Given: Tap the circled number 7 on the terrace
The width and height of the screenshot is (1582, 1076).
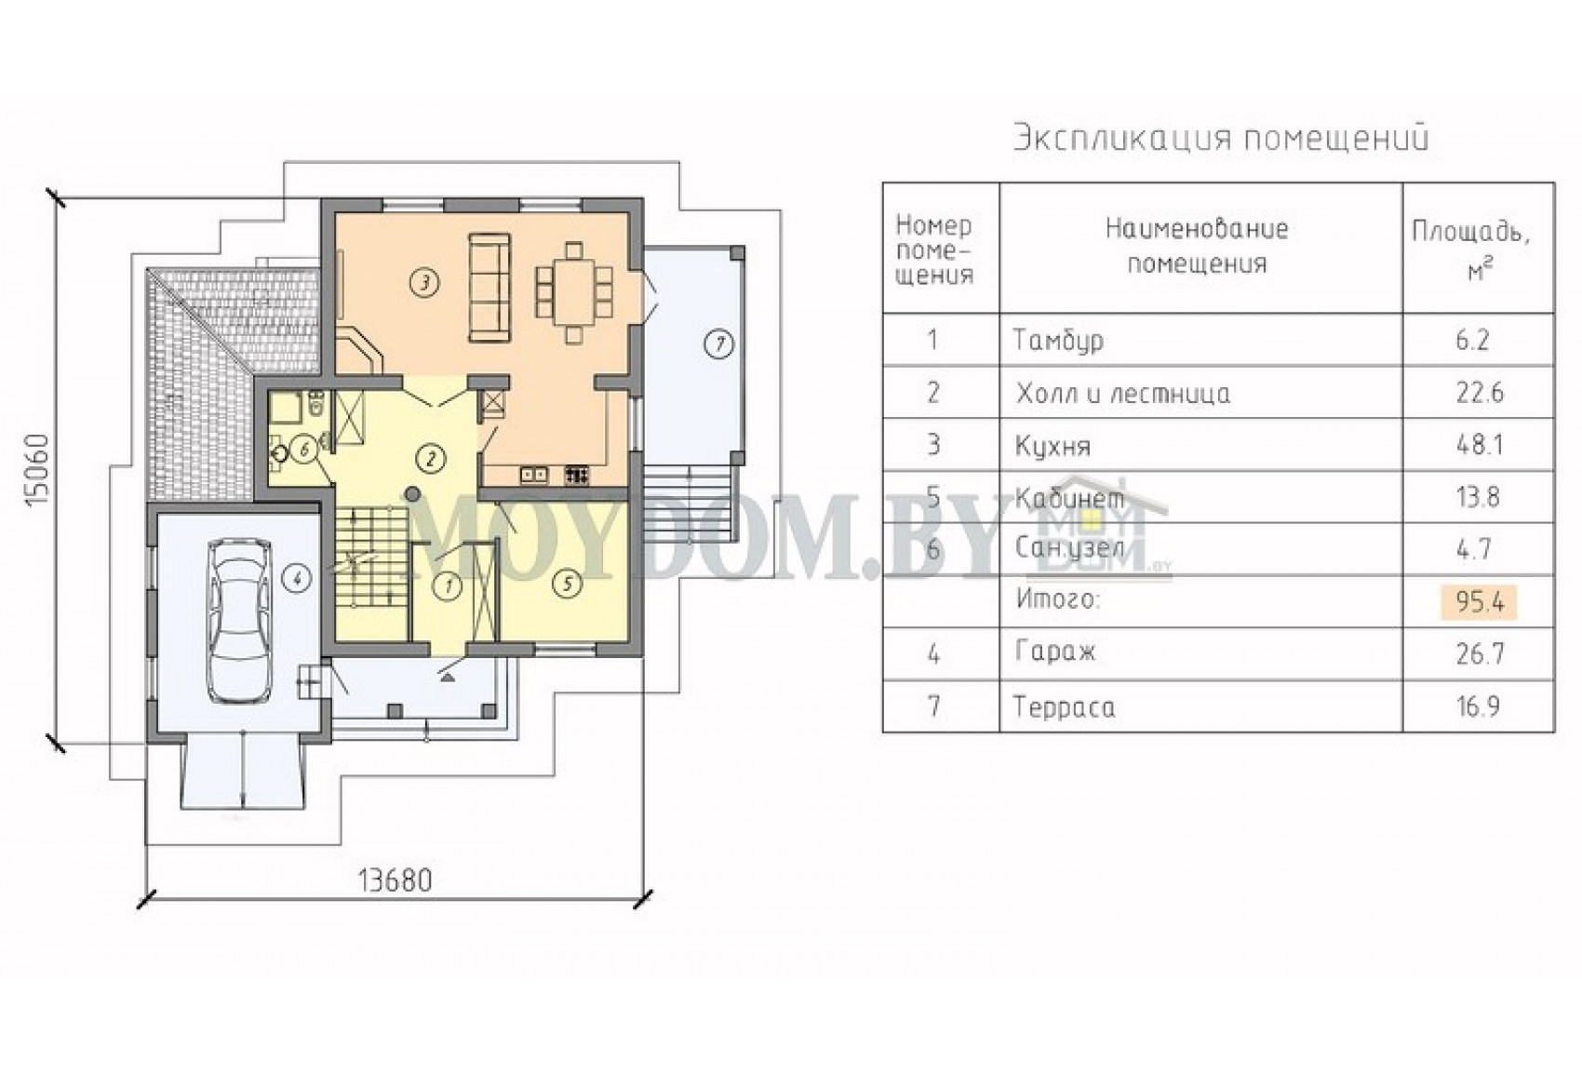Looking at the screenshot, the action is [x=719, y=344].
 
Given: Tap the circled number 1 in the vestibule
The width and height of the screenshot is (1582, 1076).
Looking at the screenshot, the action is [x=448, y=585].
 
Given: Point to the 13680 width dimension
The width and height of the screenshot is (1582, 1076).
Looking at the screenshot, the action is [x=395, y=881].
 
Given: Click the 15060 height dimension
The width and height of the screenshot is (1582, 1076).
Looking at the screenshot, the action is [x=36, y=471].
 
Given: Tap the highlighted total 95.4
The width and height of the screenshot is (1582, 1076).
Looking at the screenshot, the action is [x=1479, y=602].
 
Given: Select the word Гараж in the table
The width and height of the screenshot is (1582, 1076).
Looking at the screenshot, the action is [x=1055, y=652].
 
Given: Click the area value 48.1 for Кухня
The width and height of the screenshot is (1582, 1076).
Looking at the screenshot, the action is [x=1479, y=445].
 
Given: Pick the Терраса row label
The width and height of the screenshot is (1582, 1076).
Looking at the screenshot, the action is [x=1065, y=706].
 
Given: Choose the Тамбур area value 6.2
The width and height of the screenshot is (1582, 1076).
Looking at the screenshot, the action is [x=1472, y=341].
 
